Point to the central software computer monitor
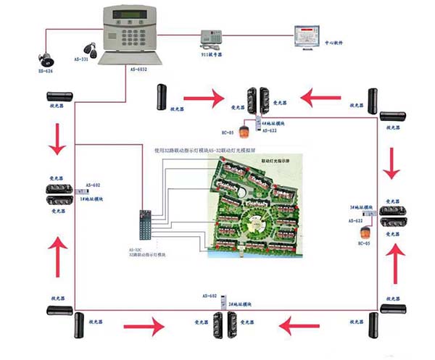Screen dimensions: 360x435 click(x=306, y=37)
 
